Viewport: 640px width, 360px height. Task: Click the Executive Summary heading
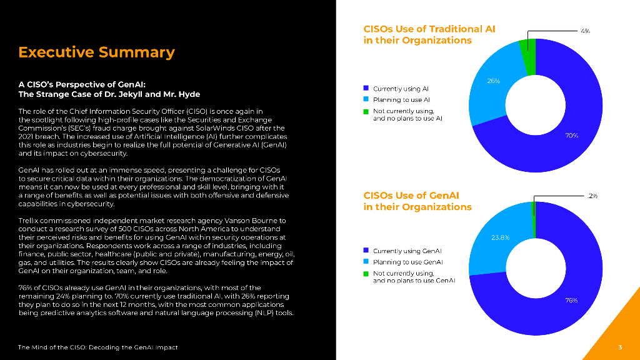(96, 52)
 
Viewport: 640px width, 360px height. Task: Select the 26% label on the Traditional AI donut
(493, 81)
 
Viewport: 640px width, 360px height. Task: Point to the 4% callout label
(585, 31)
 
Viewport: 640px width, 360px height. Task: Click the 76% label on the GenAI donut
(571, 301)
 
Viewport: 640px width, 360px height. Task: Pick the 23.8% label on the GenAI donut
(500, 237)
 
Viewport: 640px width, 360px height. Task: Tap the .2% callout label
(592, 196)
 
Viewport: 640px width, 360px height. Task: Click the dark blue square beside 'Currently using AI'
(366, 89)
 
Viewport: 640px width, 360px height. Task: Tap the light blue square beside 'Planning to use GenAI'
(366, 262)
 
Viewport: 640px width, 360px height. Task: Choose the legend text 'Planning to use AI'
(401, 100)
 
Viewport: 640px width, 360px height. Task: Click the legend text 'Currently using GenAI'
(407, 251)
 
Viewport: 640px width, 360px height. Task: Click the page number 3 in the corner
(619, 347)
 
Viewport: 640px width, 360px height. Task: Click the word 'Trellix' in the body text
(28, 220)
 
